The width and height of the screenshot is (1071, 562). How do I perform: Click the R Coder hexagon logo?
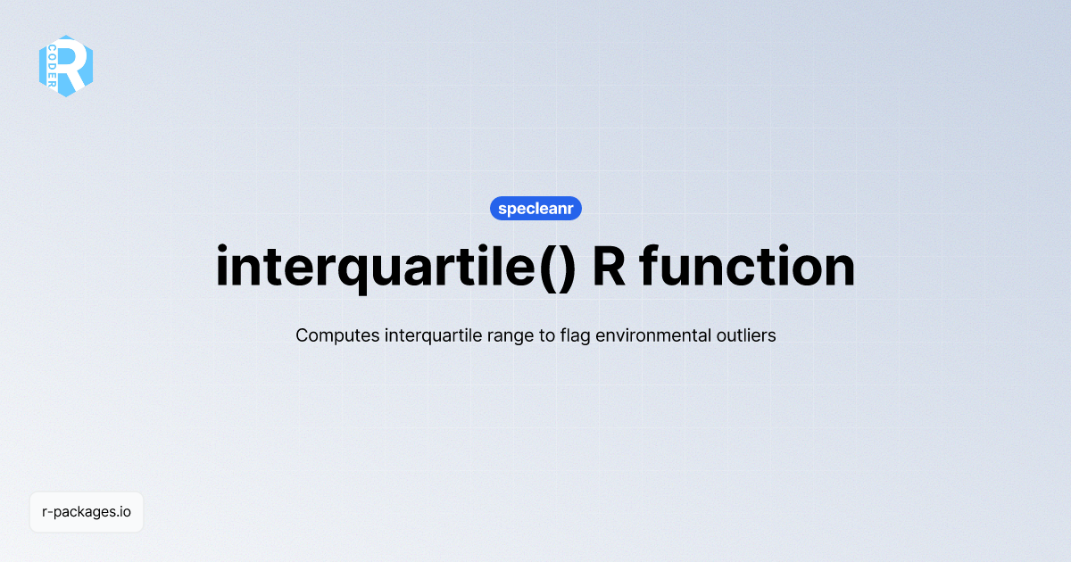coord(66,66)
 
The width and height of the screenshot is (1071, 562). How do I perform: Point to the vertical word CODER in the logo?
coord(53,67)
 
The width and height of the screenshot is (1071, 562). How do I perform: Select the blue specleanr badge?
coord(535,209)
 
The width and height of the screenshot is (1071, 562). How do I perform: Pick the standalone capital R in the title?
coord(609,267)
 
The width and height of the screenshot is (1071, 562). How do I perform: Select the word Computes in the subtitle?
coord(336,336)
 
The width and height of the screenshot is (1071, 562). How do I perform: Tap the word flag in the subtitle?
coord(577,336)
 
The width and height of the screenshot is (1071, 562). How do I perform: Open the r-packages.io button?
coord(87,512)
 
